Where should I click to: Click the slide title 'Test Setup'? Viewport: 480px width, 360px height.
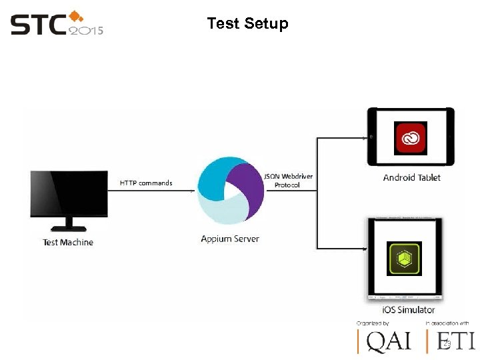[247, 24]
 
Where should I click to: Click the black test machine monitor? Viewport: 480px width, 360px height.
[69, 193]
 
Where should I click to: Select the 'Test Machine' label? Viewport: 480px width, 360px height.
[68, 243]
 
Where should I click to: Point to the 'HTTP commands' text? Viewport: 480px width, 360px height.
[146, 183]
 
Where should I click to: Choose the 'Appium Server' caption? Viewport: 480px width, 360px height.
[230, 239]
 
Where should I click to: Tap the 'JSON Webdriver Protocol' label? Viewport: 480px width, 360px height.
[287, 181]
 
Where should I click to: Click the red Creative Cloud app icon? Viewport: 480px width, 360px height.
[411, 139]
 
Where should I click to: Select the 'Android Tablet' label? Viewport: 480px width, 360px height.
[411, 177]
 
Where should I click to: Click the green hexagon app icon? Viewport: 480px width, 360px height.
[404, 259]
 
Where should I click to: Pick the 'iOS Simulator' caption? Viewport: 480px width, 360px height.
[408, 309]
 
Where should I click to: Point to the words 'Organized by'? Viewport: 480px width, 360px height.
[373, 323]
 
